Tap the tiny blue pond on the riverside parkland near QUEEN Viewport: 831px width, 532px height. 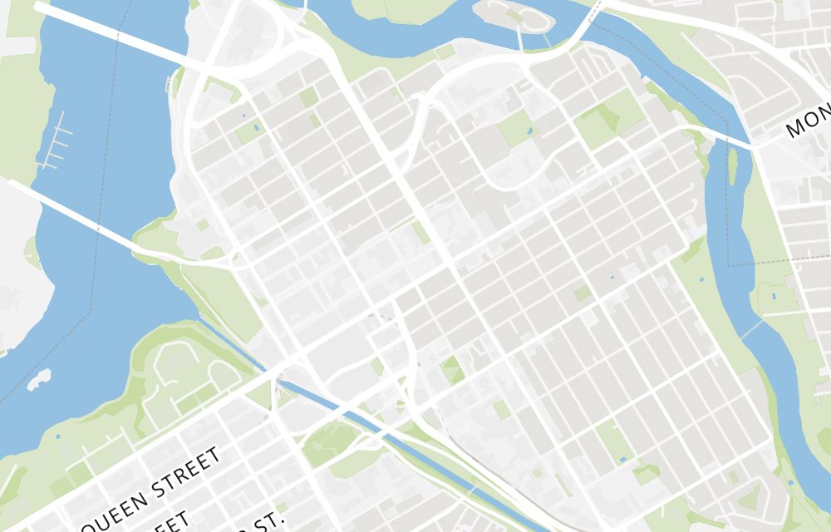point(57,436)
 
